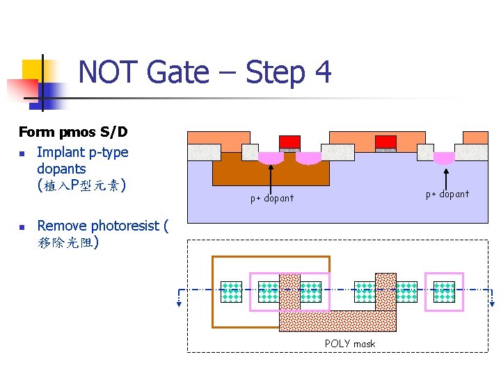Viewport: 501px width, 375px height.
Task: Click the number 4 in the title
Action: click(321, 73)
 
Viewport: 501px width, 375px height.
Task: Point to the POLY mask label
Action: click(349, 344)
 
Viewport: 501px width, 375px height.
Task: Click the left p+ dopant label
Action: click(272, 199)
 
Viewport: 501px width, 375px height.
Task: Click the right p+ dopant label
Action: click(447, 194)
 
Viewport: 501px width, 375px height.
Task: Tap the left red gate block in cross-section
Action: click(290, 142)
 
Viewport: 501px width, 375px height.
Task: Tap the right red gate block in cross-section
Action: click(385, 142)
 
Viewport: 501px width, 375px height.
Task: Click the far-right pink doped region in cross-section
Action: click(444, 158)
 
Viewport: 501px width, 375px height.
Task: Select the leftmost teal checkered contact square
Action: click(231, 292)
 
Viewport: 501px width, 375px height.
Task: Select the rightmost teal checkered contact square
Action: click(444, 292)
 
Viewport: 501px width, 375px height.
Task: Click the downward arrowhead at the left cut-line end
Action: click(179, 301)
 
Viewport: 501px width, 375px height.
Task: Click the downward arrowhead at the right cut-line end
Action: click(493, 301)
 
